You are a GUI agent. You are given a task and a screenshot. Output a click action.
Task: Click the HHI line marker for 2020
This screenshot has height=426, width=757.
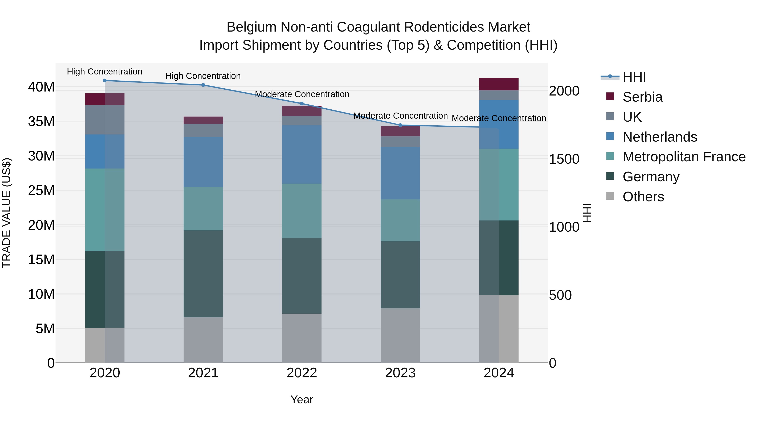coord(105,81)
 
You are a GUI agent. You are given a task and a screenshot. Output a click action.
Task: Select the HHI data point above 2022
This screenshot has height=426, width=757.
coord(302,104)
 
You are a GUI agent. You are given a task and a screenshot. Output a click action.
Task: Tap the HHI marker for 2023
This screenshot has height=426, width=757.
coord(400,125)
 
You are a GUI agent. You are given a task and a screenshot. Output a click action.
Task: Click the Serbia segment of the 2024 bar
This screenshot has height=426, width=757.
coord(499,84)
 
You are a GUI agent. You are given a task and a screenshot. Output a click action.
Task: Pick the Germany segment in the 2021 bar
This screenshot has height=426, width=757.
coord(203,273)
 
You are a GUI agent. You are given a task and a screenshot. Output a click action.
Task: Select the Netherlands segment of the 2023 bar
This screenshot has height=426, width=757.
coord(400,174)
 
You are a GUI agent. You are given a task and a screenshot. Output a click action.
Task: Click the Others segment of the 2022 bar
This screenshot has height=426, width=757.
coord(302,338)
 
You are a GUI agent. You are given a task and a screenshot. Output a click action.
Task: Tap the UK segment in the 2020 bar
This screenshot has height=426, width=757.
coord(105,120)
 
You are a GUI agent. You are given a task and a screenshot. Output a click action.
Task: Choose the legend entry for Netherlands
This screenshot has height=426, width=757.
coord(659,137)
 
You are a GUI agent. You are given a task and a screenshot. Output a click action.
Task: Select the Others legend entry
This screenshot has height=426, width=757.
coord(643,197)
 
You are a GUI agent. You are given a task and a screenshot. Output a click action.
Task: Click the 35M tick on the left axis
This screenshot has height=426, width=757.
coord(41,121)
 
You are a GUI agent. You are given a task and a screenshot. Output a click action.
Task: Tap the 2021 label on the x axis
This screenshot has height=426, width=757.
coord(203,373)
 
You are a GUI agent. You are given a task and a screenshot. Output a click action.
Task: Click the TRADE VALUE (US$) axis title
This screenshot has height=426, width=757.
coord(7,213)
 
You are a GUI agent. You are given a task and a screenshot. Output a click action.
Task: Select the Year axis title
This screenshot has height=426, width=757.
coord(302,399)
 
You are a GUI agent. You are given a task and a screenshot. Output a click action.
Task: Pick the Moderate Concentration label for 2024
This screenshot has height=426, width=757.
coord(499,118)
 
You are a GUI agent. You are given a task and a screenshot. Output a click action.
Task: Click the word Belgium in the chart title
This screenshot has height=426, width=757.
coord(251,27)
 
